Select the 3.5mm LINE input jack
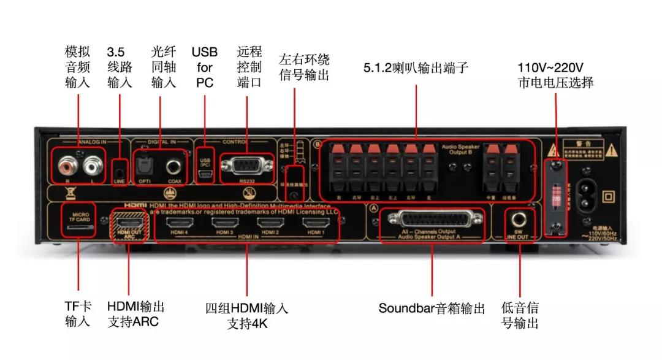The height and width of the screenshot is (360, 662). point(120,167)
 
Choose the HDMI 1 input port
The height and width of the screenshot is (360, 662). point(316,223)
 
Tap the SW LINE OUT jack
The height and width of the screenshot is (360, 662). point(520,218)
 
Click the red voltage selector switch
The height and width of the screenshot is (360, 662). point(556,196)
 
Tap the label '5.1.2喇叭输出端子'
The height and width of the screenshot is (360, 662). point(416,67)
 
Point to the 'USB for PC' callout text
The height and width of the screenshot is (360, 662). point(204,67)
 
